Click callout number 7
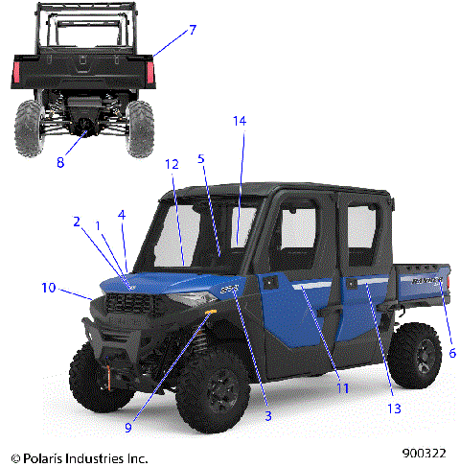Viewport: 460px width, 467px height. (193, 30)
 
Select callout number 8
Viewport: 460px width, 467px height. (60, 162)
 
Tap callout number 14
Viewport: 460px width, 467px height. (240, 121)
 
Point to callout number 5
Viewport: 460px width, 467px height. (201, 158)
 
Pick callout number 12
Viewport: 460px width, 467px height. (172, 165)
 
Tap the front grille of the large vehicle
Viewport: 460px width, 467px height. (130, 306)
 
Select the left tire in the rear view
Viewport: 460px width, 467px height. (30, 124)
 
